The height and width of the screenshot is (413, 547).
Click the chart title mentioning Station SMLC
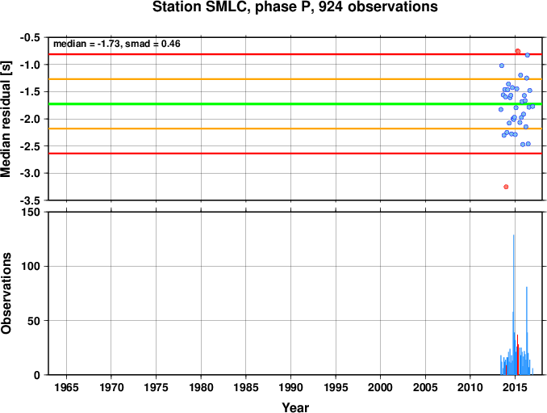294,7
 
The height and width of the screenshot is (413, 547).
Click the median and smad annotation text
116,44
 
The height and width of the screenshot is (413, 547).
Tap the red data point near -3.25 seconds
506,187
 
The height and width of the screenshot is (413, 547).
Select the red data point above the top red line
518,52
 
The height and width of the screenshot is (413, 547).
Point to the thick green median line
295,103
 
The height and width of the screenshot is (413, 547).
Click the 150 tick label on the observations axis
31,212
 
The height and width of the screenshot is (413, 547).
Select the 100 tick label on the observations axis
31,266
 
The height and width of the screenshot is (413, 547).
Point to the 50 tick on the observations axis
35,321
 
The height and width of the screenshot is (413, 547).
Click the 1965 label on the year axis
66,387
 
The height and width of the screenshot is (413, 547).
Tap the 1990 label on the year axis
290,387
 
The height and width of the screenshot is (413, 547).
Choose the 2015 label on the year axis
515,387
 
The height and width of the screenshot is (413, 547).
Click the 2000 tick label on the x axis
380,387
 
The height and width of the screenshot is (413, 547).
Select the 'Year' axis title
295,407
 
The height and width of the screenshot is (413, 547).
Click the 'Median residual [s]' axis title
6,119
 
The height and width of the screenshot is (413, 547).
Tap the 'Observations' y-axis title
6,293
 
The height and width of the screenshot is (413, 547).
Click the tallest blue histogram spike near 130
513,305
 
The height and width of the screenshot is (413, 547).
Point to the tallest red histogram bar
517,355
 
